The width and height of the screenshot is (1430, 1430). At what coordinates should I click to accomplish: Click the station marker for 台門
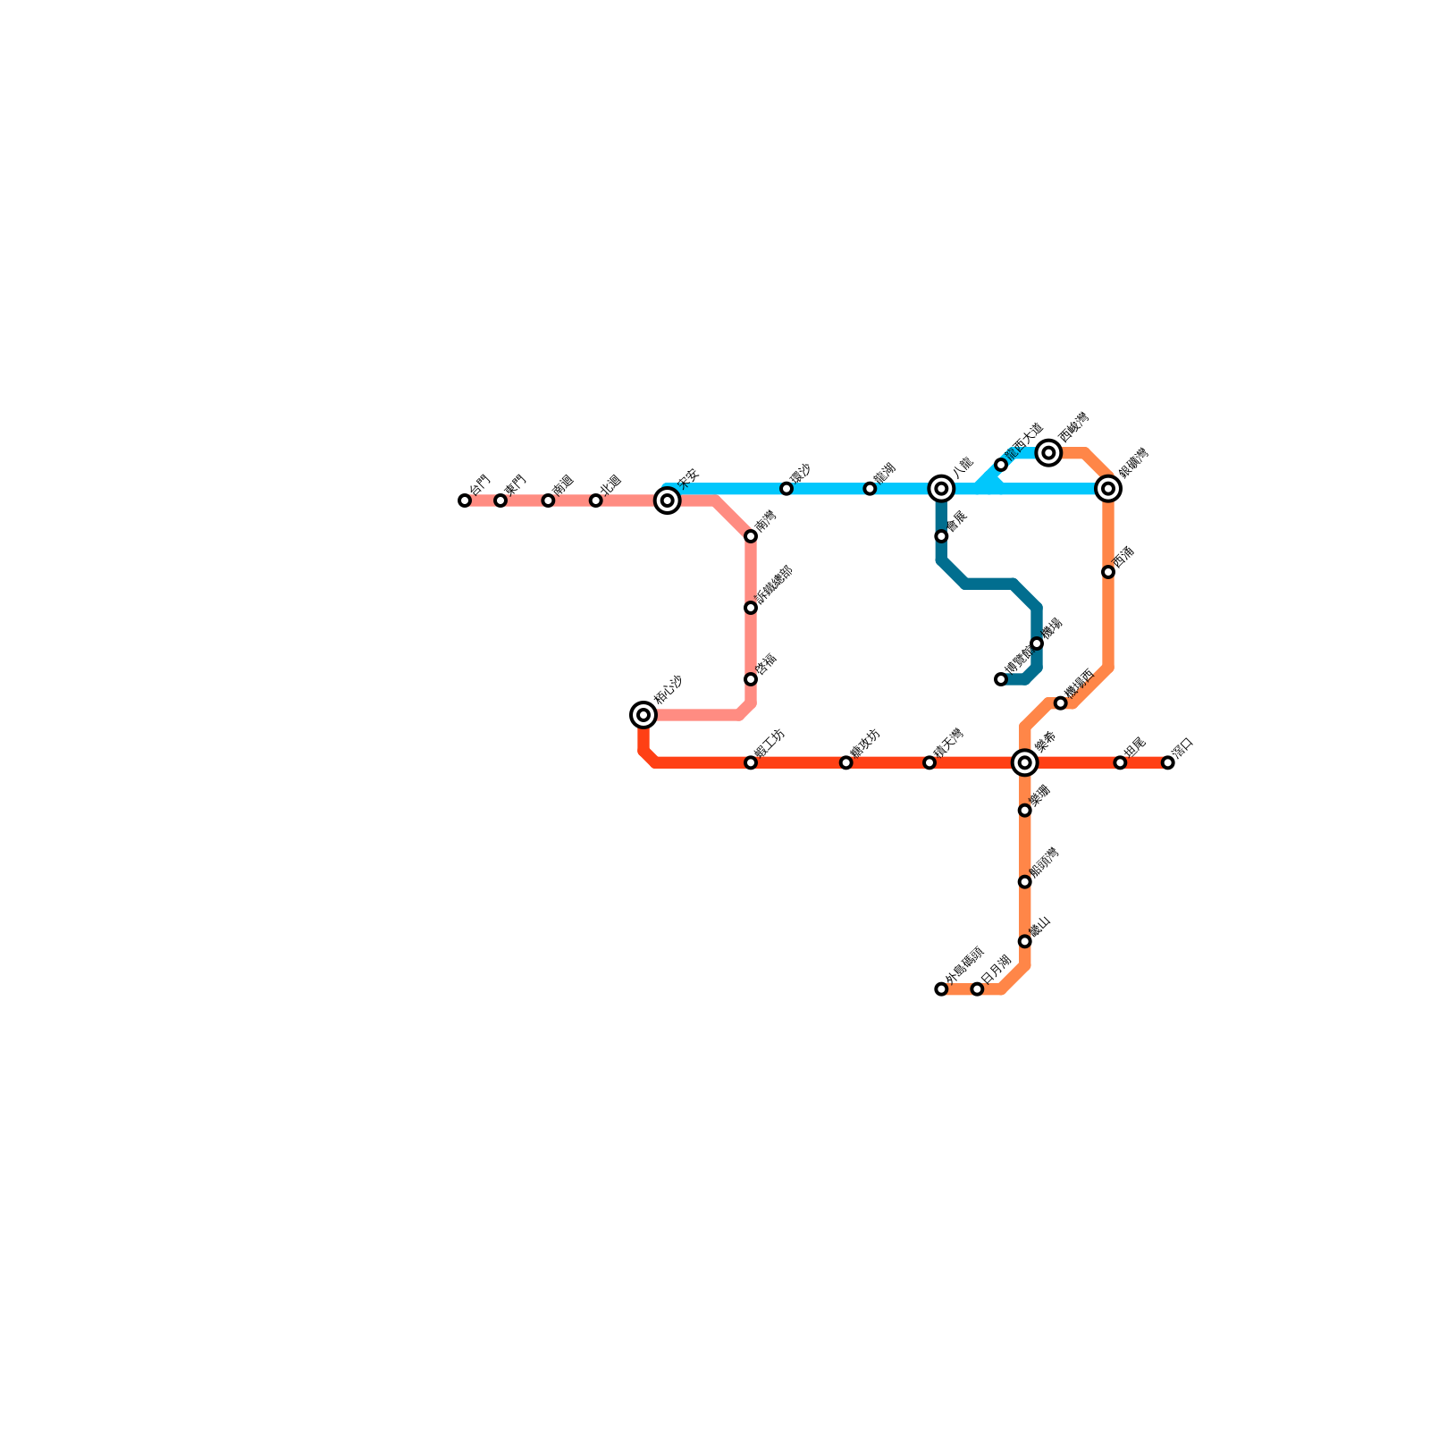(465, 500)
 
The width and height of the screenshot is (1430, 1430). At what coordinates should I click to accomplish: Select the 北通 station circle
(596, 500)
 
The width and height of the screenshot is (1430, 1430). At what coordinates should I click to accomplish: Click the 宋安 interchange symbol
(667, 500)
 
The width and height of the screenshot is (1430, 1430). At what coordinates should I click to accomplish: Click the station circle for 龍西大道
(1001, 465)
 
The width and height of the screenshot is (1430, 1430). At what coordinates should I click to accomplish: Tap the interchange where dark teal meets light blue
(941, 488)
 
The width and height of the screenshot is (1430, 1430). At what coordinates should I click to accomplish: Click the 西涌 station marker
(1108, 572)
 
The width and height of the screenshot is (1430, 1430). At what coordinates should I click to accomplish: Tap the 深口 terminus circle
(1168, 762)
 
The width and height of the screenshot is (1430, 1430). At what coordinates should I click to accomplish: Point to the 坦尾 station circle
(1120, 762)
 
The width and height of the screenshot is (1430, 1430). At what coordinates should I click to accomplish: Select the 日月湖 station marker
(977, 989)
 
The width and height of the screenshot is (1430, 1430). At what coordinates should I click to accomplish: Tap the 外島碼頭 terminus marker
(941, 989)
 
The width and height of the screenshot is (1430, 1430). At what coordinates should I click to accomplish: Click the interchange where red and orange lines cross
(1025, 762)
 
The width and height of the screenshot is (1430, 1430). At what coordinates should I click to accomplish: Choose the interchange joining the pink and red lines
(643, 715)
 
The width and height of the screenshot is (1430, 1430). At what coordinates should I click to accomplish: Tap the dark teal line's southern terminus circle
(1001, 679)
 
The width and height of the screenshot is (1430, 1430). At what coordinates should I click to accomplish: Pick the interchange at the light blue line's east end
(1108, 488)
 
